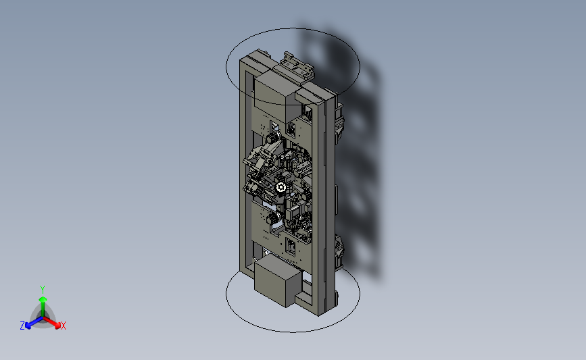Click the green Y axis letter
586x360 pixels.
click(x=42, y=289)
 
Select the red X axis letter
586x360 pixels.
click(x=64, y=326)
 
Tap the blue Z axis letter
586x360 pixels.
click(x=22, y=326)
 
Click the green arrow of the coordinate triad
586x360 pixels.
click(x=42, y=301)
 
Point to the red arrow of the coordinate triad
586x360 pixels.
click(x=53, y=321)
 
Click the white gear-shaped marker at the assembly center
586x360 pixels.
click(x=281, y=187)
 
